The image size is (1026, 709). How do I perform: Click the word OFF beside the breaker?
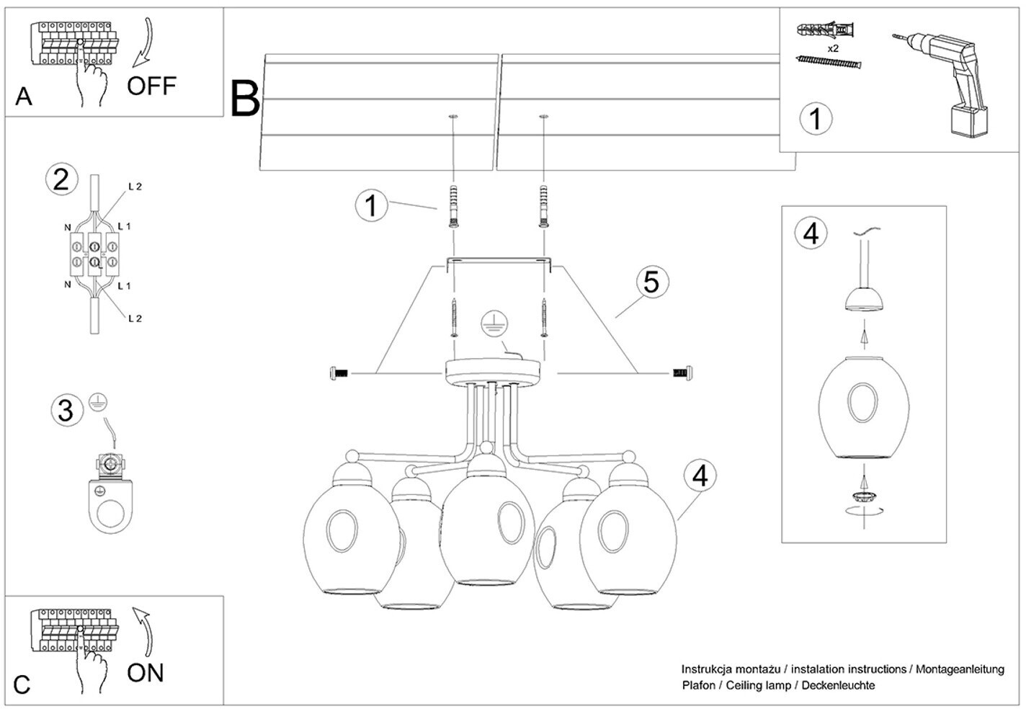(x=151, y=86)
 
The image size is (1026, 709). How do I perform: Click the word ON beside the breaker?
(x=146, y=673)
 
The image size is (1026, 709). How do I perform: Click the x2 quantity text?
(x=833, y=48)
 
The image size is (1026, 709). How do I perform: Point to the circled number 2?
(x=61, y=179)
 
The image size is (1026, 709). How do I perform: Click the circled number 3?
(x=66, y=410)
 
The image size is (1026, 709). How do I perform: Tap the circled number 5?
(x=651, y=282)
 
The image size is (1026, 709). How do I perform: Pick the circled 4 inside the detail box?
(x=811, y=233)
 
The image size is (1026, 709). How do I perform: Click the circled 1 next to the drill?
(x=816, y=118)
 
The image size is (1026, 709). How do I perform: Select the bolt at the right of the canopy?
(x=682, y=373)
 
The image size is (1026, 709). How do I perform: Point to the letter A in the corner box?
(x=24, y=97)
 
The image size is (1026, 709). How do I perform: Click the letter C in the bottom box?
(x=22, y=685)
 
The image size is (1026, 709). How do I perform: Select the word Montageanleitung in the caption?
(x=960, y=669)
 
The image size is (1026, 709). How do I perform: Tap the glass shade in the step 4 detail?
(x=863, y=408)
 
